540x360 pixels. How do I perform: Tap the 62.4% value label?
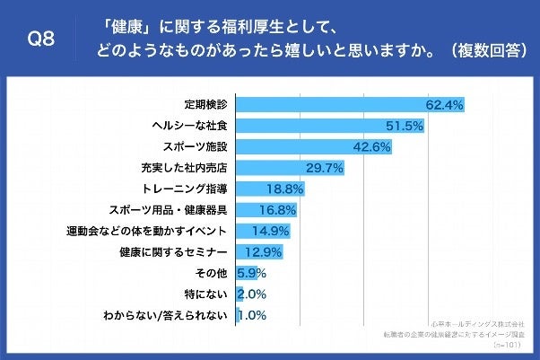coord(444,105)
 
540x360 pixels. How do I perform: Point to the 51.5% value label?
coord(405,126)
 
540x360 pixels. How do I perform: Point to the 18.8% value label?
coord(285,189)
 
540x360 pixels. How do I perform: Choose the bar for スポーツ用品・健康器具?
coord(266,210)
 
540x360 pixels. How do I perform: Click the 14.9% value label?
coord(271,232)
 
